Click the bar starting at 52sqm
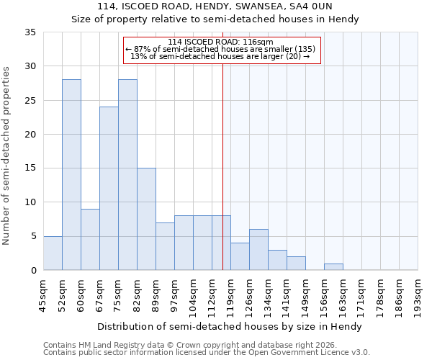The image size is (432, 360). tap(71, 175)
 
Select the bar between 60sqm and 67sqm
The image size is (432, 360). tap(90, 239)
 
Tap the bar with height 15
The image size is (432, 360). tap(146, 219)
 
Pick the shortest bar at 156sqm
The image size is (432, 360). tap(333, 267)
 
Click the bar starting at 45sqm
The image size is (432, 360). tap(53, 253)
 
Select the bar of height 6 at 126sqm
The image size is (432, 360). tap(258, 250)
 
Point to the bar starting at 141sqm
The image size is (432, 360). tap(296, 264)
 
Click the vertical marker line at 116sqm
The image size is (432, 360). tap(222, 166)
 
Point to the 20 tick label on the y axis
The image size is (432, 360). tap(30, 135)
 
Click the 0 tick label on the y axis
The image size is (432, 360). tap(32, 271)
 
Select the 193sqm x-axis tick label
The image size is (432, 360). tap(418, 297)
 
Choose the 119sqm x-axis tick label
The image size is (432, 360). tap(231, 297)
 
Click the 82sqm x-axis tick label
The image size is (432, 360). tap(138, 297)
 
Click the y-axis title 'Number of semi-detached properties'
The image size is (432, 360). tap(6, 156)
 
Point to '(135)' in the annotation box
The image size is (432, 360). tap(302, 49)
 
